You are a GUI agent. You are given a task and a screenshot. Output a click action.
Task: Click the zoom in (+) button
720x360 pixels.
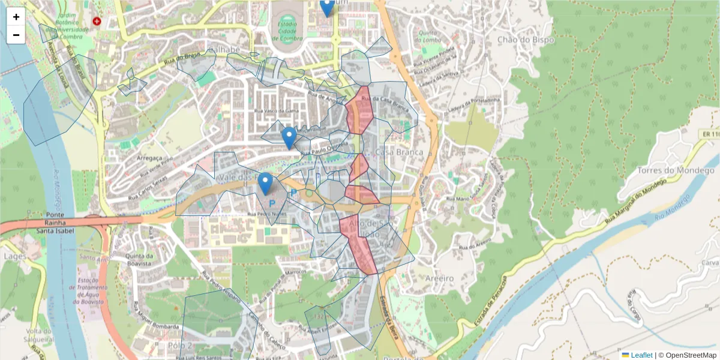pos(16,16)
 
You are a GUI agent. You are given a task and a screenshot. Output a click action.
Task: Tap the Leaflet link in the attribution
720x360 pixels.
pos(641,355)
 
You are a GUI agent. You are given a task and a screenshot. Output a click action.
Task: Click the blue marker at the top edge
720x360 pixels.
pos(327,6)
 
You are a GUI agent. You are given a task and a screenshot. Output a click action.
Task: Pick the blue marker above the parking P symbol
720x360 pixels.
pos(265,184)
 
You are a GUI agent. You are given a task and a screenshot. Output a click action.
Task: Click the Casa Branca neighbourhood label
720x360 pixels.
pos(399,152)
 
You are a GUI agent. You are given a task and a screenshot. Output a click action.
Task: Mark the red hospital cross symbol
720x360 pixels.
pos(97,21)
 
